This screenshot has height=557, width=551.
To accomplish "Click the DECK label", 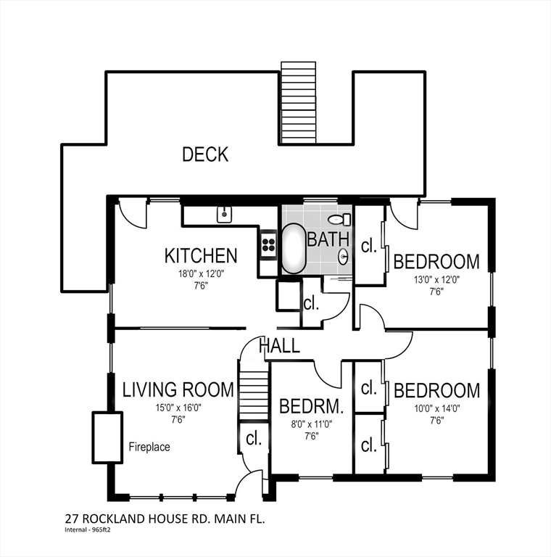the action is [205, 154].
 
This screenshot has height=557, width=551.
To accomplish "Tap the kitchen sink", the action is [224, 215].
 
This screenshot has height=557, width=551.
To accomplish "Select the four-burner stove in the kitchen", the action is [269, 244].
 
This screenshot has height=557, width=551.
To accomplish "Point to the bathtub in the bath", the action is [294, 248].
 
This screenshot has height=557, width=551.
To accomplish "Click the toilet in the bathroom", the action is [339, 219].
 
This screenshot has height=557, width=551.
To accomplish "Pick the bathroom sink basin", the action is [343, 257].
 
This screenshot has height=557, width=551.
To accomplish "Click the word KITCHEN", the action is [201, 256].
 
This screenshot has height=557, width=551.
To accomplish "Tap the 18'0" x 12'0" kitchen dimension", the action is [202, 274].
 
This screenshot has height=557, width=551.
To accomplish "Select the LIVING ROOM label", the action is [178, 389].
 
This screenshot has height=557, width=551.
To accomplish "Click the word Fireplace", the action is [149, 447].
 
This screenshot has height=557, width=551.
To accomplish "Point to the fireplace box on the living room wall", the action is [107, 437].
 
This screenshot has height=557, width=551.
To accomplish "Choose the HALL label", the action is [280, 345].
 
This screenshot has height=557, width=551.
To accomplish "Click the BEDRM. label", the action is [311, 406].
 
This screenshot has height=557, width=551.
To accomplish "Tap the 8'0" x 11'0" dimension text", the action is [311, 424].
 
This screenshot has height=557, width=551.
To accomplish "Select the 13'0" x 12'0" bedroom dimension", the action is [436, 279].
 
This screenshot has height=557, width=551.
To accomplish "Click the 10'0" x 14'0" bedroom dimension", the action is [437, 408].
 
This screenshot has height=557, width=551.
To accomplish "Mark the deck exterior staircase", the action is [298, 103].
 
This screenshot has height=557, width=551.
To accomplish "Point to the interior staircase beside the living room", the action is [254, 395].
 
